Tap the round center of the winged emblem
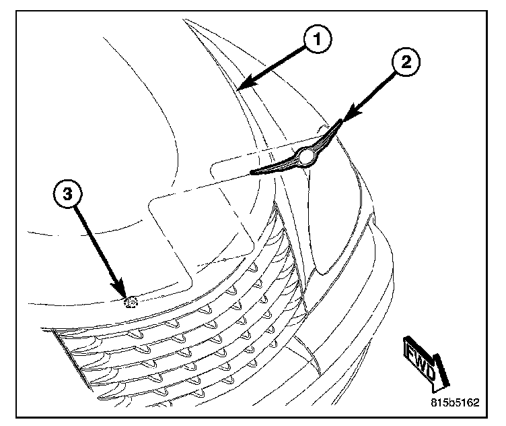click(308, 156)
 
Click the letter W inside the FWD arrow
click(421, 358)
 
